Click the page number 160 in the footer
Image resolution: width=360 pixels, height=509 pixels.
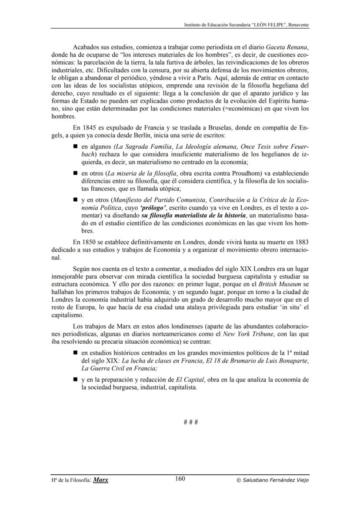coord(180,479)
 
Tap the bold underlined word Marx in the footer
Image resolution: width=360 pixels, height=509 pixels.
coord(101,480)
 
